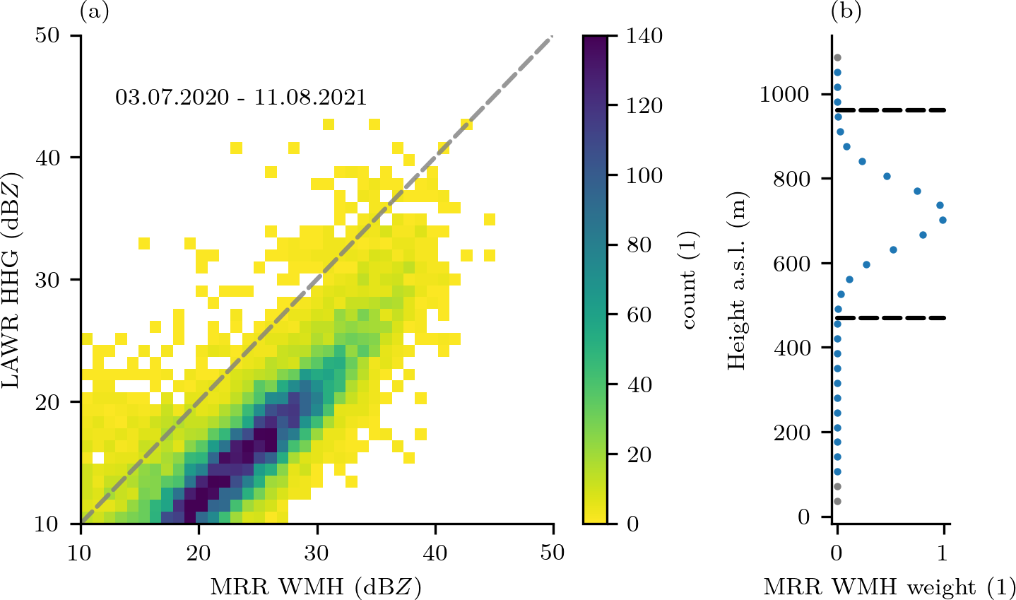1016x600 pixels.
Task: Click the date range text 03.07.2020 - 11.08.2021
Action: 241,98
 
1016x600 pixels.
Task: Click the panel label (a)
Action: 95,11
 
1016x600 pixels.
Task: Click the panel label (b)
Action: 846,11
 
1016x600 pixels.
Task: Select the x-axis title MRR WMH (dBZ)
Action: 316,586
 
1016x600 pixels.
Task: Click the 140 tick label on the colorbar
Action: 644,36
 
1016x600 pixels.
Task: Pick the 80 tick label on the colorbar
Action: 639,245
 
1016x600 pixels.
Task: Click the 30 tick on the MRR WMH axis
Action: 317,552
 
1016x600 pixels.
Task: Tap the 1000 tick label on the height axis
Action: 784,95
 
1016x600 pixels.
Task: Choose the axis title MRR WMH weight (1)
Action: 889,587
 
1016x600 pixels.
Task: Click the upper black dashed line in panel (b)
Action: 891,110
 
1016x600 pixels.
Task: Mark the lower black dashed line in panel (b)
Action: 891,318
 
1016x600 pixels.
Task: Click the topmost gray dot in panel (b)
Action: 837,57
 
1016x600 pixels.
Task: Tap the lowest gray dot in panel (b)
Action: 837,501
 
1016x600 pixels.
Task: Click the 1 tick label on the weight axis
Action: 943,552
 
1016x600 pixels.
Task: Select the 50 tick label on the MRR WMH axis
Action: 553,552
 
